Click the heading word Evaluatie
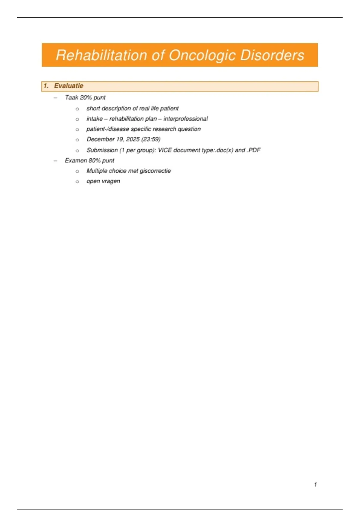click(69, 86)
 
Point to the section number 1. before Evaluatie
click(46, 86)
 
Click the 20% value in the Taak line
click(86, 97)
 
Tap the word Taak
click(71, 97)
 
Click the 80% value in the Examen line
click(94, 160)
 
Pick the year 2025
click(133, 139)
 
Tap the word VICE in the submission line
click(165, 150)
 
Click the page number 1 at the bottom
click(315, 484)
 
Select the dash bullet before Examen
click(55, 161)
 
